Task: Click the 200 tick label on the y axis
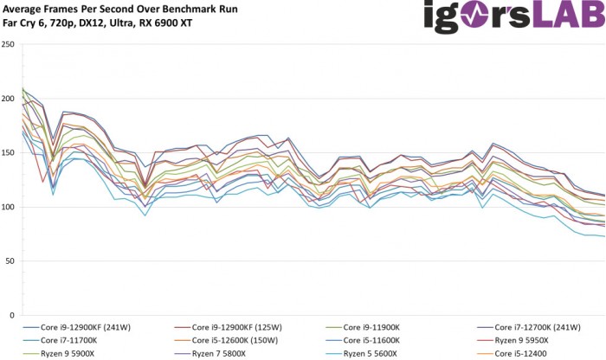click(x=9, y=99)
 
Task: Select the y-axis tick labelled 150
click(x=9, y=152)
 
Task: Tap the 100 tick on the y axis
click(x=9, y=207)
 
